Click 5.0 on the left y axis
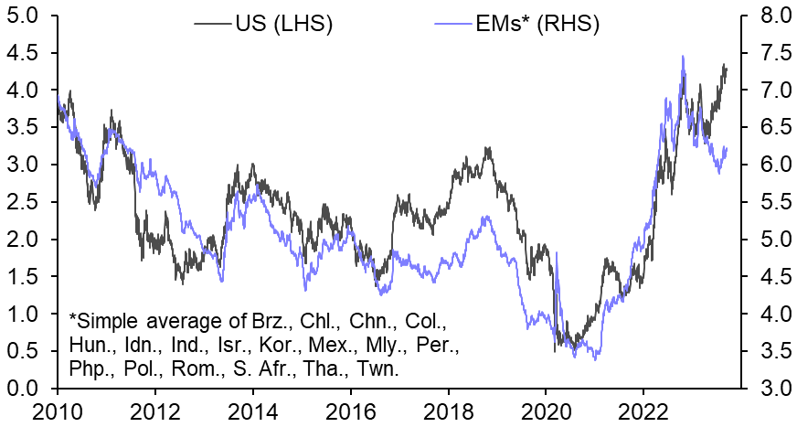(20, 16)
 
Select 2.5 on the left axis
(20, 202)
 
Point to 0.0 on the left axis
(20, 389)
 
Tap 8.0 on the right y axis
(774, 16)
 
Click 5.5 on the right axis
(774, 202)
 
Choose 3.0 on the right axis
(774, 389)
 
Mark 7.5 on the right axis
(774, 53)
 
